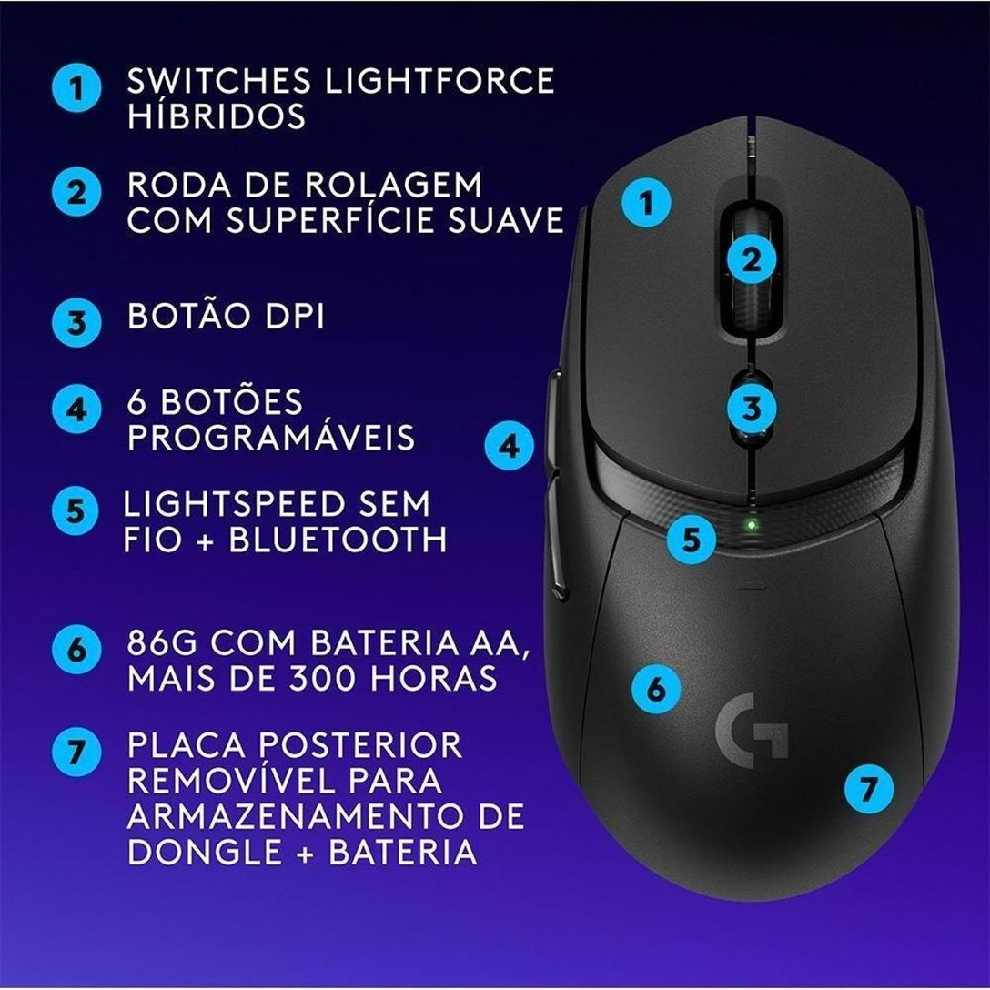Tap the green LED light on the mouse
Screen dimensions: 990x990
point(750,523)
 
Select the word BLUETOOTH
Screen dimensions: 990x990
point(338,540)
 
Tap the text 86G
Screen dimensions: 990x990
point(165,642)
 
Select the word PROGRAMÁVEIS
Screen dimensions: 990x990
point(271,437)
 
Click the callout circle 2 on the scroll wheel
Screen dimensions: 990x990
point(751,259)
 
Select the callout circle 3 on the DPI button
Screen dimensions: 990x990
point(751,408)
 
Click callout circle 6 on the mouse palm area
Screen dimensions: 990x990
point(657,689)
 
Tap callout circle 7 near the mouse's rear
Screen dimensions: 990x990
point(868,787)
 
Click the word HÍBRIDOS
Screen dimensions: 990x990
point(216,116)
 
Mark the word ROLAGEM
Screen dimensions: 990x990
point(403,185)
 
